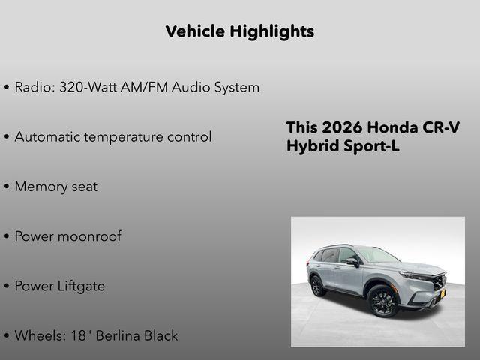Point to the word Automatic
click(x=49, y=137)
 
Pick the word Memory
click(x=41, y=187)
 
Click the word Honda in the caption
click(x=394, y=127)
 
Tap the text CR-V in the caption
click(x=442, y=127)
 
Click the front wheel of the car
click(x=382, y=302)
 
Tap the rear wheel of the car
click(x=317, y=285)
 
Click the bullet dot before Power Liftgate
click(x=7, y=286)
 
